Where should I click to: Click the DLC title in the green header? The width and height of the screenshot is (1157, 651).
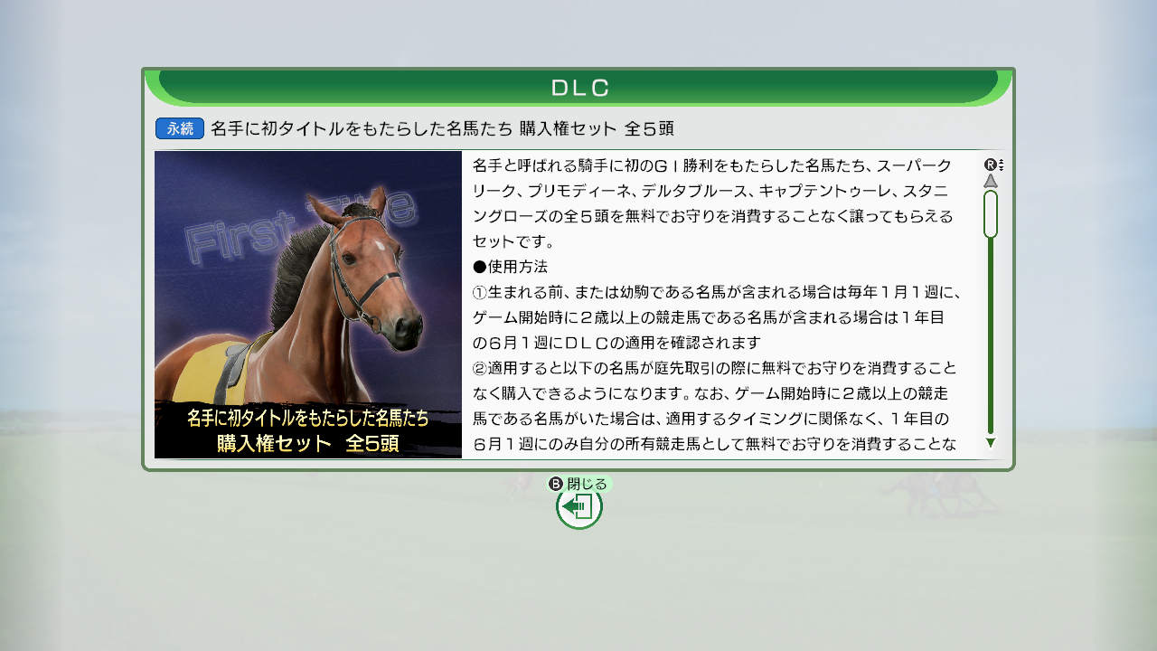coord(579,88)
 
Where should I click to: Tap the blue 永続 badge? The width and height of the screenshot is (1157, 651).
coord(180,128)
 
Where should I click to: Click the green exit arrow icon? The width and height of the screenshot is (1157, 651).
coord(578,507)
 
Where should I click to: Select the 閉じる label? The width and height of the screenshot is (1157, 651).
coord(587,484)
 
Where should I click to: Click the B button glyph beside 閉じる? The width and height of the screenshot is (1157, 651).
coord(555,484)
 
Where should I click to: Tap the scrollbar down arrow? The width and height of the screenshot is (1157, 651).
coord(990,443)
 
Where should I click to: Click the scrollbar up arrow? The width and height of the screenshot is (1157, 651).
coord(990,180)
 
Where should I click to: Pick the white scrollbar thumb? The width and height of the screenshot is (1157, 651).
coord(990,214)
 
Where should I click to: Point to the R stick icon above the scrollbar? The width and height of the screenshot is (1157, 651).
coord(993,165)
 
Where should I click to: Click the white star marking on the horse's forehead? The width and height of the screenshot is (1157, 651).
coord(380,245)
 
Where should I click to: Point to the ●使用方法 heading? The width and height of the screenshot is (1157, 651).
coord(510,267)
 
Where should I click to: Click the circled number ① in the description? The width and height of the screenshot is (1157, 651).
coord(480,292)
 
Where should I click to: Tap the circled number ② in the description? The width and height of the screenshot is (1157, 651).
coord(480,368)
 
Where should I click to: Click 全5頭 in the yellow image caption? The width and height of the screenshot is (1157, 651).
coord(372,443)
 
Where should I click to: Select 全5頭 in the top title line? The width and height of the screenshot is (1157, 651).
coord(649,128)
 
